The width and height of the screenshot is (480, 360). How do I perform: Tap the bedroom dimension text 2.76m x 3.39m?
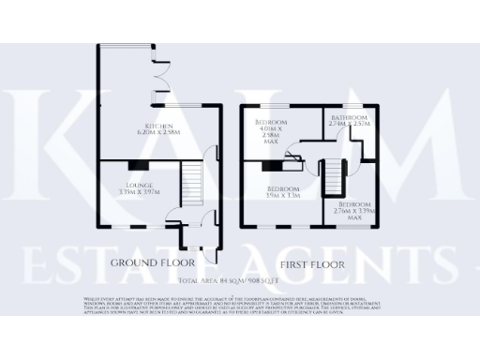point(353,210)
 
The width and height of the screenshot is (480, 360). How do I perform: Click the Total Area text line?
point(239,280)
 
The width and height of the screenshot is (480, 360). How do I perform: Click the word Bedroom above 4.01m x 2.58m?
point(272,122)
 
